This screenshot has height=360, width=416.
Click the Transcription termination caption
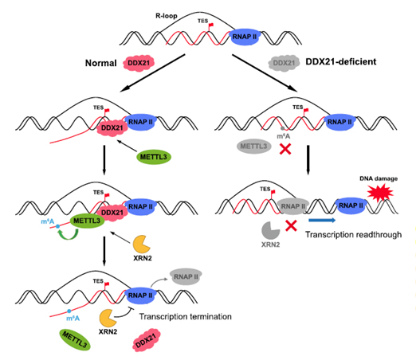tap(185, 316)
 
